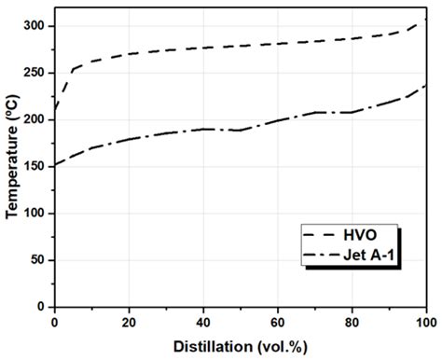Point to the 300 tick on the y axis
click(x=36, y=26)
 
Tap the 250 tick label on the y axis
click(x=36, y=73)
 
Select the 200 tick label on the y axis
click(x=36, y=119)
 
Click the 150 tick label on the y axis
click(x=36, y=166)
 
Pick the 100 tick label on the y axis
click(x=36, y=213)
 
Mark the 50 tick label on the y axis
click(x=39, y=259)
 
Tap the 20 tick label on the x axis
click(x=129, y=322)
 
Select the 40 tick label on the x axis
click(x=203, y=322)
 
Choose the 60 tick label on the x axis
click(x=278, y=322)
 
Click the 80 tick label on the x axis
click(x=352, y=322)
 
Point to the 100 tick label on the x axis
click(x=425, y=322)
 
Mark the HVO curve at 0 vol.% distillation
click(x=55, y=114)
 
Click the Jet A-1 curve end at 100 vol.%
click(x=425, y=86)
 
